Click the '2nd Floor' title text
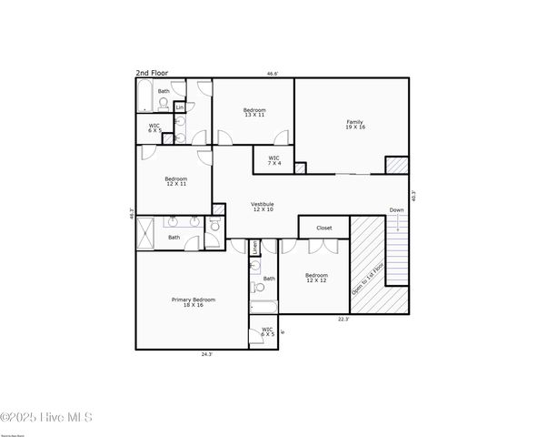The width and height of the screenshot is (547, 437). (152, 73)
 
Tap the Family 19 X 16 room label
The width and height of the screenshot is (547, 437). (354, 125)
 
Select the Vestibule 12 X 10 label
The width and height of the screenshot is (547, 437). (263, 207)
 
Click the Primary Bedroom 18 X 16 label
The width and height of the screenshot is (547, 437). (194, 302)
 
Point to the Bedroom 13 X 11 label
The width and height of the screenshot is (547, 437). (254, 113)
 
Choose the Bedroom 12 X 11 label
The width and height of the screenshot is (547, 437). (175, 181)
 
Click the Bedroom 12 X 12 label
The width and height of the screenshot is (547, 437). (316, 278)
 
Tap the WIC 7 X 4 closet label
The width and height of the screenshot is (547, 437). (274, 160)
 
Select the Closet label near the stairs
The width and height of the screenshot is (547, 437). (323, 228)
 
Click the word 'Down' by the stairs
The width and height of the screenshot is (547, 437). (396, 210)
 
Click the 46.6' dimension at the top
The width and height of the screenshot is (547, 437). (272, 74)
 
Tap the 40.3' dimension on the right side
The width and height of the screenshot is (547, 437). (413, 194)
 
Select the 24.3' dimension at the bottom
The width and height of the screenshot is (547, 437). (206, 354)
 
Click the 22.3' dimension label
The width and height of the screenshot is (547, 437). (343, 320)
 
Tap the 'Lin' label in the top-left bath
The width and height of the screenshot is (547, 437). (180, 107)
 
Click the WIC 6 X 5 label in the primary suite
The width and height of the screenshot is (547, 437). (268, 332)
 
